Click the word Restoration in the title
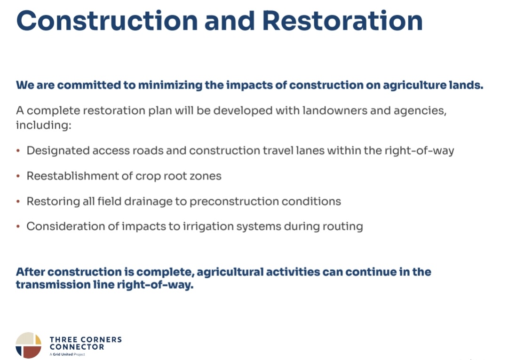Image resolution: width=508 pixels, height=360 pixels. [342, 21]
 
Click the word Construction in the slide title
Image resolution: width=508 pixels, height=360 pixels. [107, 21]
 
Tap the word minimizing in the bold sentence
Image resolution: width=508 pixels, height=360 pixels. [170, 86]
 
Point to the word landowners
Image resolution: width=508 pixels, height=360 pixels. [334, 111]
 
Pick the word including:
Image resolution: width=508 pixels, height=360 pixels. [44, 125]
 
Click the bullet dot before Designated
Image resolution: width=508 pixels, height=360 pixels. [18, 150]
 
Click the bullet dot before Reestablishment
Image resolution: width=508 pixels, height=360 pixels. [18, 176]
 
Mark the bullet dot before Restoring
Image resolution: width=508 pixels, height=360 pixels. [18, 201]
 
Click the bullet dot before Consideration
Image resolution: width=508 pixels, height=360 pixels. [18, 227]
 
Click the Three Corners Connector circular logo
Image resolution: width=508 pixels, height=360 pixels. [29, 345]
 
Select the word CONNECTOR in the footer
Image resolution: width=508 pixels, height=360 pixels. [77, 347]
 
